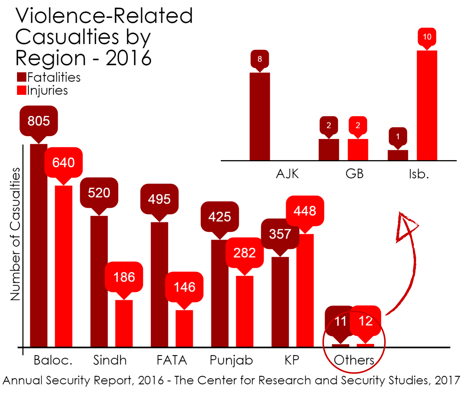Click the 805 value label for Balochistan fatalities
(39, 121)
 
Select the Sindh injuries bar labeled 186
(124, 323)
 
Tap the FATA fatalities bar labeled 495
(159, 284)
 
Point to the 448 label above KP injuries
(305, 211)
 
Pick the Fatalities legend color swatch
(22, 77)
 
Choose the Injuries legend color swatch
(22, 90)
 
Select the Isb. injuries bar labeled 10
(427, 105)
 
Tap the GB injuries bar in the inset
(358, 150)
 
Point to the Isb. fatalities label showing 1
(398, 136)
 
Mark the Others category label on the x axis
(354, 360)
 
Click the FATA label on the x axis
(172, 360)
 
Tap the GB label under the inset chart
(354, 174)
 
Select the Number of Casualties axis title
(15, 234)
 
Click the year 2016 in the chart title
(129, 58)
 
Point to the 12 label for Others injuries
(365, 321)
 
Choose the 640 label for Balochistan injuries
(64, 162)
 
